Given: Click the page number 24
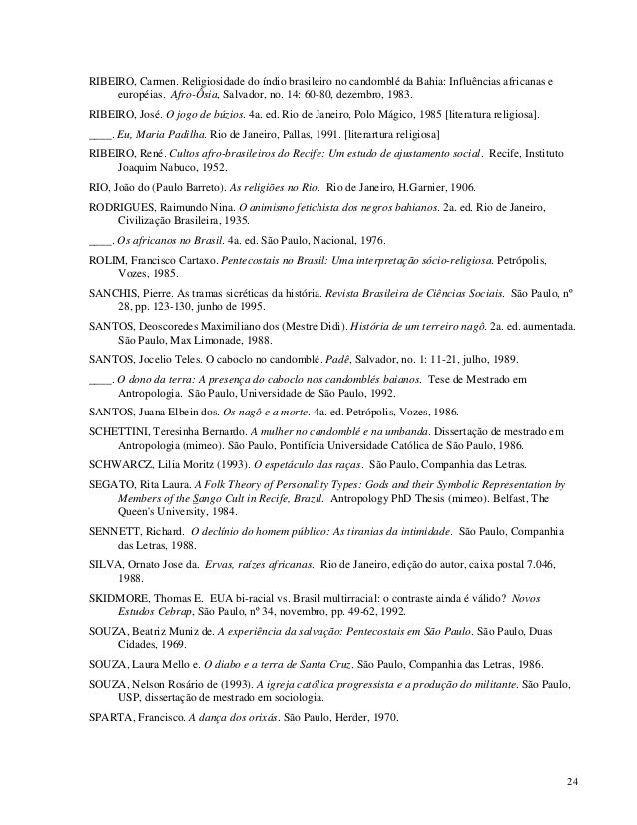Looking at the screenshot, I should [571, 780].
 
